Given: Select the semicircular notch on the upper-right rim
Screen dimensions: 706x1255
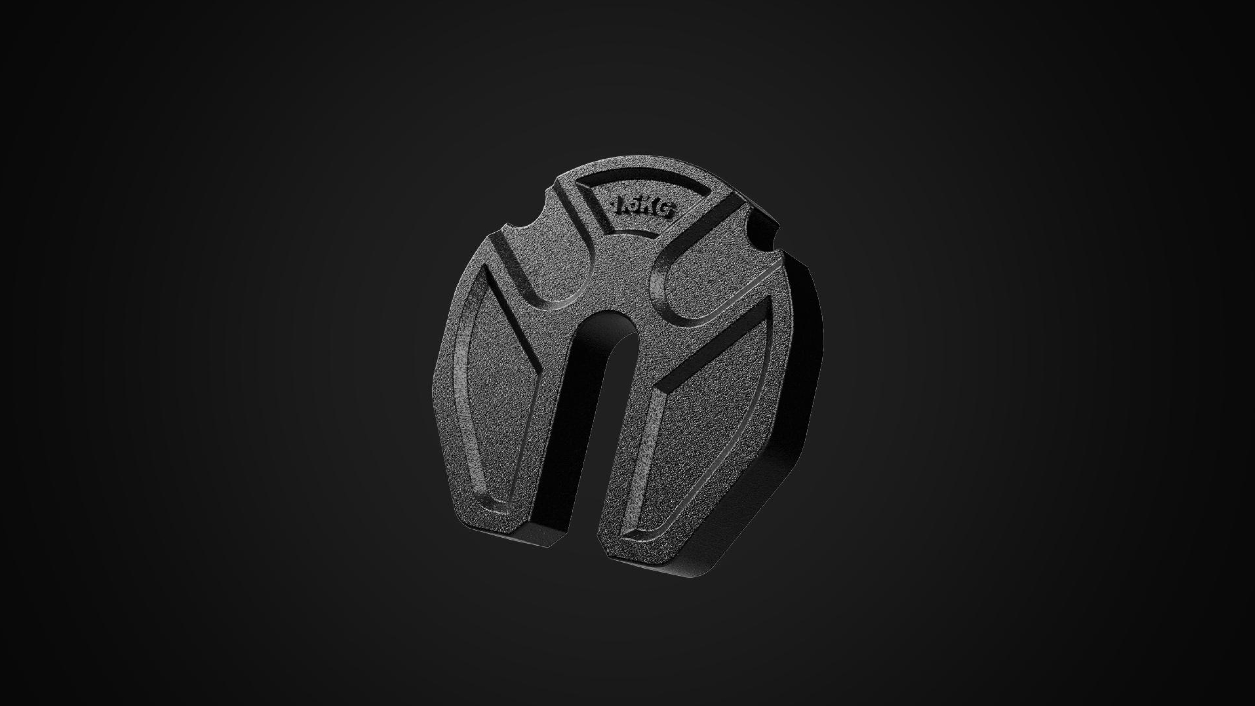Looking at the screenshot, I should [760, 234].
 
